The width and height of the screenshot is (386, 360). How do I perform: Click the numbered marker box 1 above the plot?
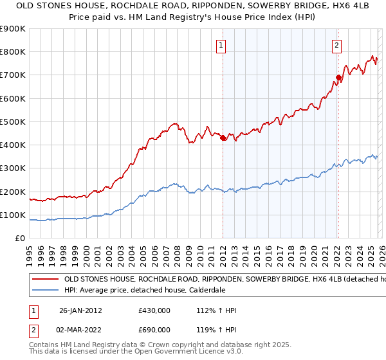(221, 45)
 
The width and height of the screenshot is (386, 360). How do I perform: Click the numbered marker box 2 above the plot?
(337, 45)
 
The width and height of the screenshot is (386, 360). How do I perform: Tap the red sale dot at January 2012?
(223, 138)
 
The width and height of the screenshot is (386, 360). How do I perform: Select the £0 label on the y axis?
(20, 239)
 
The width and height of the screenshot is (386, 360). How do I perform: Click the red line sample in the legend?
(44, 280)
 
